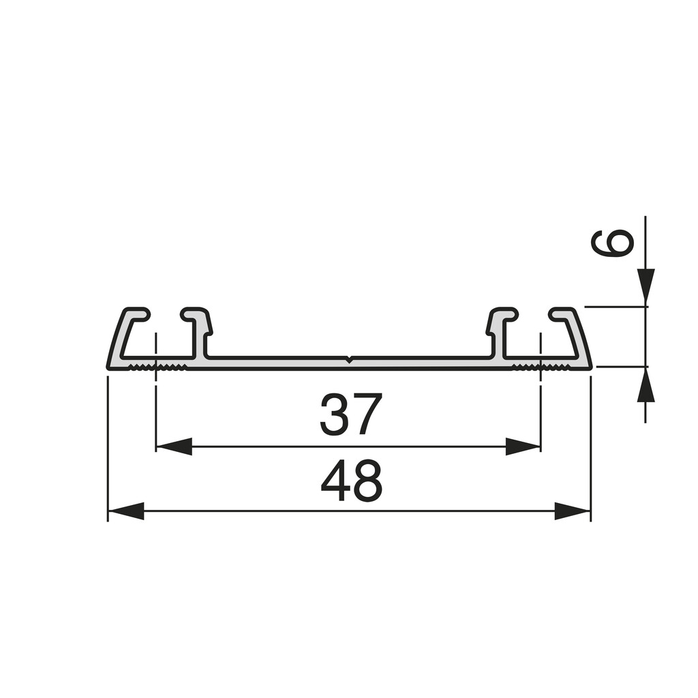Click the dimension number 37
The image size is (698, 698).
[351, 414]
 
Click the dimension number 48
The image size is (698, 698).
[351, 481]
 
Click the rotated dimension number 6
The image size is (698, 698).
[611, 243]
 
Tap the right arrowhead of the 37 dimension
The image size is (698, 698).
[523, 446]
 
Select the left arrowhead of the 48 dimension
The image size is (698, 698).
[126, 511]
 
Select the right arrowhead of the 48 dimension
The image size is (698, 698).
[572, 511]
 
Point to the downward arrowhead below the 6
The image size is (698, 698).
[646, 285]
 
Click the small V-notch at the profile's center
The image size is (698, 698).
[349, 359]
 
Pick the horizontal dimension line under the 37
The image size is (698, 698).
[348, 447]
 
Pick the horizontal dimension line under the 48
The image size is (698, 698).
[348, 511]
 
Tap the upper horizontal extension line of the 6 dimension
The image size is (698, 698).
[613, 307]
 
